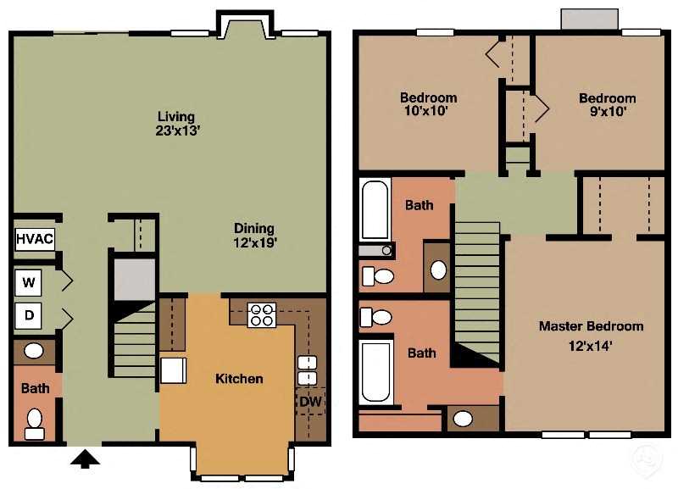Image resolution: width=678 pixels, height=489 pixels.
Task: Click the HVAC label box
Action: (35, 238)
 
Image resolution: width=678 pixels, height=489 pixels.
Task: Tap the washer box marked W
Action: (30, 281)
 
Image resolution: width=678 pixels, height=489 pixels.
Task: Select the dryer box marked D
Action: (30, 316)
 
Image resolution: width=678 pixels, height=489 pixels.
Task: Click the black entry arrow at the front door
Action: (85, 458)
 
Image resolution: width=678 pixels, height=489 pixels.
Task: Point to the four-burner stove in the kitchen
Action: (262, 314)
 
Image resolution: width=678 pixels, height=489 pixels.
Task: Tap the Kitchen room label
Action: (239, 378)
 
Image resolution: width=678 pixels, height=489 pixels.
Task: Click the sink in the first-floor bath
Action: (34, 351)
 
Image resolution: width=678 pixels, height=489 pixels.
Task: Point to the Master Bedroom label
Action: (591, 326)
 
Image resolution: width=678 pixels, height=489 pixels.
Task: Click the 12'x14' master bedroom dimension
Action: (591, 345)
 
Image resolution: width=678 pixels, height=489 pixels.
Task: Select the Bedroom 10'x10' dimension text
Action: (428, 110)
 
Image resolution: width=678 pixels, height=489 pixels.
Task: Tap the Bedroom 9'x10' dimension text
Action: (607, 110)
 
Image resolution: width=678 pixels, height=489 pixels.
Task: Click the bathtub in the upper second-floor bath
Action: (375, 209)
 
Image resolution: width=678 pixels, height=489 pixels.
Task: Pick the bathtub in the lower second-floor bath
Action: (376, 371)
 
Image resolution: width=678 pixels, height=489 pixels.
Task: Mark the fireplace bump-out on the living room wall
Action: (246, 25)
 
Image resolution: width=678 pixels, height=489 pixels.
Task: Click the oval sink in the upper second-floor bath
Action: (437, 270)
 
